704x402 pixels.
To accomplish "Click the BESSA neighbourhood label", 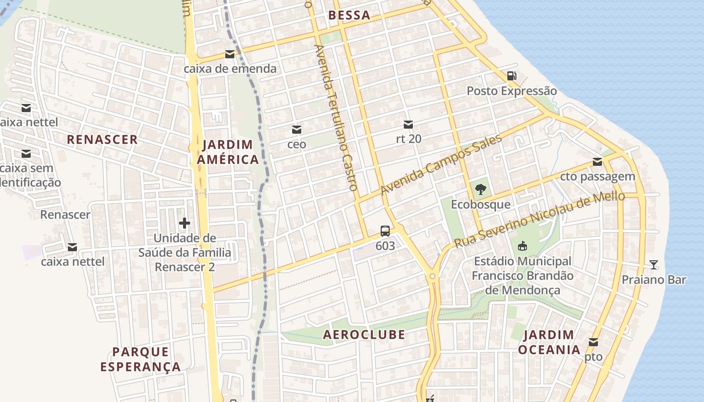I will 349,16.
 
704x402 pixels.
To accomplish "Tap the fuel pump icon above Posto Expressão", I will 512,76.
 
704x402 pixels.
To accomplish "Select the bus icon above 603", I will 385,231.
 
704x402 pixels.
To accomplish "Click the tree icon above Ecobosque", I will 480,189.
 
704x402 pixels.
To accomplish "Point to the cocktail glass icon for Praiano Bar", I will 654,264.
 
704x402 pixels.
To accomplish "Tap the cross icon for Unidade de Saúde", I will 185,223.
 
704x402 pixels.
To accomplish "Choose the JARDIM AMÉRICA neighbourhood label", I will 228,152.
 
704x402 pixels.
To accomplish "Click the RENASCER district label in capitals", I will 102,140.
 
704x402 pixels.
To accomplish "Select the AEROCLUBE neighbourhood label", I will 364,335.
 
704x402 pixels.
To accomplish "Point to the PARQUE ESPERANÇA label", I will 140,359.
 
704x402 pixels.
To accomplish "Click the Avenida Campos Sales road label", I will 441,165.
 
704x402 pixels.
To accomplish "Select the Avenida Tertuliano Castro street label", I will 336,118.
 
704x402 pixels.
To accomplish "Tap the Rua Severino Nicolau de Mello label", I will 539,220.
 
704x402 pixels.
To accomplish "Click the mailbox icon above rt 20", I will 408,124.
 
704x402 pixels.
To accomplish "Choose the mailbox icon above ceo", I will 297,130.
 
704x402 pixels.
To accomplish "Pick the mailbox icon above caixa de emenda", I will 230,54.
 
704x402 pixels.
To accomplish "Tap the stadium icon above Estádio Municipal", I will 522,246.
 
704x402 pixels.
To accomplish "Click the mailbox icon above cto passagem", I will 597,162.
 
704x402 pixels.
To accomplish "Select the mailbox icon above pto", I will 593,342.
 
